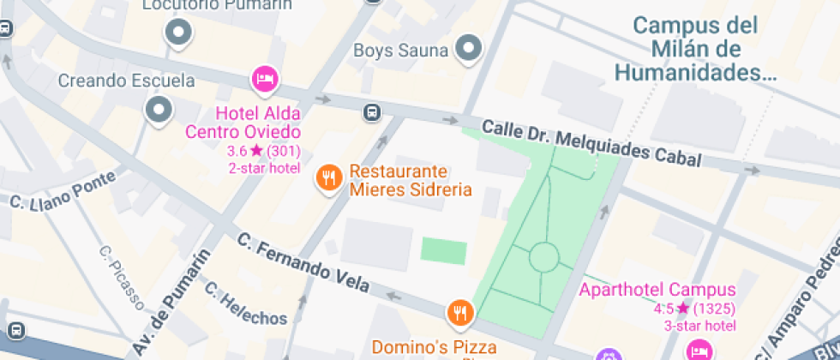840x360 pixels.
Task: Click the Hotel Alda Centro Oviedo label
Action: point(257,123)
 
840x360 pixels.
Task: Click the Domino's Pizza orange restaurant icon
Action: point(460,314)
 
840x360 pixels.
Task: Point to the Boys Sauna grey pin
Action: point(469,49)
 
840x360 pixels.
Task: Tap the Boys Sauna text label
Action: point(401,51)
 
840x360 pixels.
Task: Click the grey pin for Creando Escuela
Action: point(159,109)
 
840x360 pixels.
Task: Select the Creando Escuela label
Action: point(126,81)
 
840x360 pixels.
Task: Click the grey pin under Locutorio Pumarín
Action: point(178,33)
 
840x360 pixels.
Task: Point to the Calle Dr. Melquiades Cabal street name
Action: point(591,142)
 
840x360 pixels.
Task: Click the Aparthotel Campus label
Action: point(657,290)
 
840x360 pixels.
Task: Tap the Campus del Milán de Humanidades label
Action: point(695,49)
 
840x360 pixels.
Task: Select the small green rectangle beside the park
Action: point(444,252)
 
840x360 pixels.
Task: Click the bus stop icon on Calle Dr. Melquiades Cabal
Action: point(372,112)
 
